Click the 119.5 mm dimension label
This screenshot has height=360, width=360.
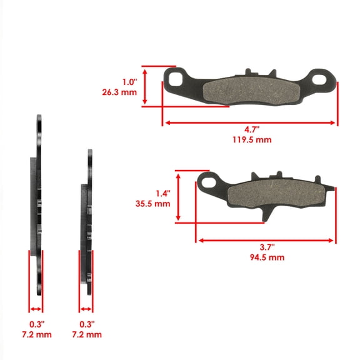pos(251,140)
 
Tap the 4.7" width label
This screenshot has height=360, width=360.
pos(251,129)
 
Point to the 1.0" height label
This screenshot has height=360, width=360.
pos(129,81)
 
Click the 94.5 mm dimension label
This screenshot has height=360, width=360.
pos(267,257)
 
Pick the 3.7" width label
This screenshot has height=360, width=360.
pos(267,247)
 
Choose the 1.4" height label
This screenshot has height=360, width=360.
pos(161,193)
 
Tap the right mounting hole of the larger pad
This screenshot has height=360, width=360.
pos(323,79)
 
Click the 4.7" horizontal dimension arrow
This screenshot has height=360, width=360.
pos(250,122)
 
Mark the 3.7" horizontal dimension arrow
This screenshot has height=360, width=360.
pos(266,240)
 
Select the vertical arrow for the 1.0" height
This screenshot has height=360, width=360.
pos(146,86)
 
